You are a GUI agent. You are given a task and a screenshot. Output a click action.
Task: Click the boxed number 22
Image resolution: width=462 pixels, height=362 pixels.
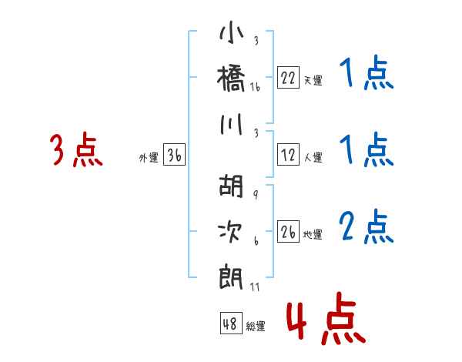[x=288, y=78]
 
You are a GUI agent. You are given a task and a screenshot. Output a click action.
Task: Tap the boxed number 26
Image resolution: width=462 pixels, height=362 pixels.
[x=288, y=232]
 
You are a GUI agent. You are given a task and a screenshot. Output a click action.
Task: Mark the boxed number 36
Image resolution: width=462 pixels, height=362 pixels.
[x=174, y=156]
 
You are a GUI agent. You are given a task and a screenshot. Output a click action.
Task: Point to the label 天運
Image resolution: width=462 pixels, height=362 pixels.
[x=313, y=80]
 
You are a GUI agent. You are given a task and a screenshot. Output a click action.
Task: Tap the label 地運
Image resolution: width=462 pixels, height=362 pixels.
[x=313, y=234]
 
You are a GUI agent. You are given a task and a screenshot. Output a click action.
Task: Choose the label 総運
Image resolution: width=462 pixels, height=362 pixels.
[x=256, y=327]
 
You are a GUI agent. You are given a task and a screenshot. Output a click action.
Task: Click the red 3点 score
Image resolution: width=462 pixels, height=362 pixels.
[x=76, y=150]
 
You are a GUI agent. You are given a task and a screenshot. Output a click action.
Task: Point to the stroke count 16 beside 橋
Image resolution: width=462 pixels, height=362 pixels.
[x=255, y=89]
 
